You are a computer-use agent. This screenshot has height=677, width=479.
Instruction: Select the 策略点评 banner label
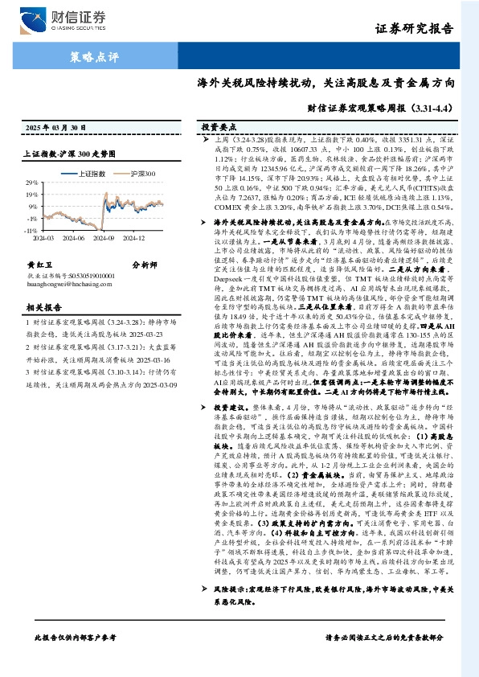93,57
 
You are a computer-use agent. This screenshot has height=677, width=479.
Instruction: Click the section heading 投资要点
219,127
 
